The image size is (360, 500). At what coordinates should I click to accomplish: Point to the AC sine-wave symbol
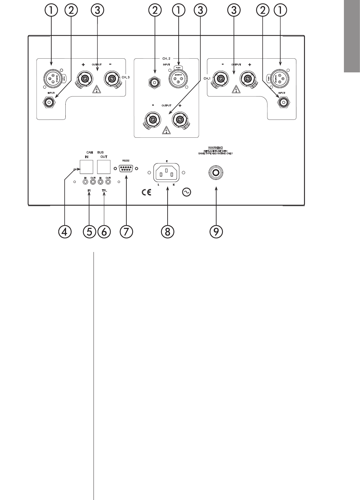pyautogui.click(x=186, y=192)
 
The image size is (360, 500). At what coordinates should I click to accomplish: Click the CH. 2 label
pyautogui.click(x=167, y=58)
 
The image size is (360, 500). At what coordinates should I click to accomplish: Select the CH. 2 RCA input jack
pyautogui.click(x=154, y=82)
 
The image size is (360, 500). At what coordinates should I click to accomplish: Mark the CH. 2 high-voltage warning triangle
pyautogui.click(x=167, y=130)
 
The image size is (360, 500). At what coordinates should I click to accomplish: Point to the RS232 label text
pyautogui.click(x=126, y=161)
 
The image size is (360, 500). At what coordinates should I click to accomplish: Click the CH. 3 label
pyautogui.click(x=126, y=77)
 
